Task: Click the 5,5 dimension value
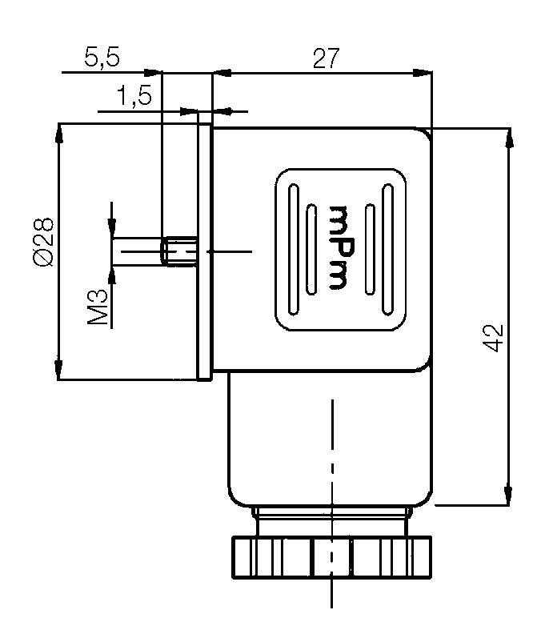[102, 58]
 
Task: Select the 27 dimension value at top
[326, 58]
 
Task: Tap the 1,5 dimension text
[134, 97]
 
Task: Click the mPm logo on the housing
[339, 247]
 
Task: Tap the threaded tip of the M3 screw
[180, 251]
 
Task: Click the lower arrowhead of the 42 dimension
[507, 496]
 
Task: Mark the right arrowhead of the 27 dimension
[423, 74]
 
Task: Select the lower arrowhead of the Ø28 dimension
[59, 370]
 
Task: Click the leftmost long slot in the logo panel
[294, 251]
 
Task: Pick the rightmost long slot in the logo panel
[387, 251]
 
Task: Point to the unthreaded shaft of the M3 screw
[138, 251]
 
